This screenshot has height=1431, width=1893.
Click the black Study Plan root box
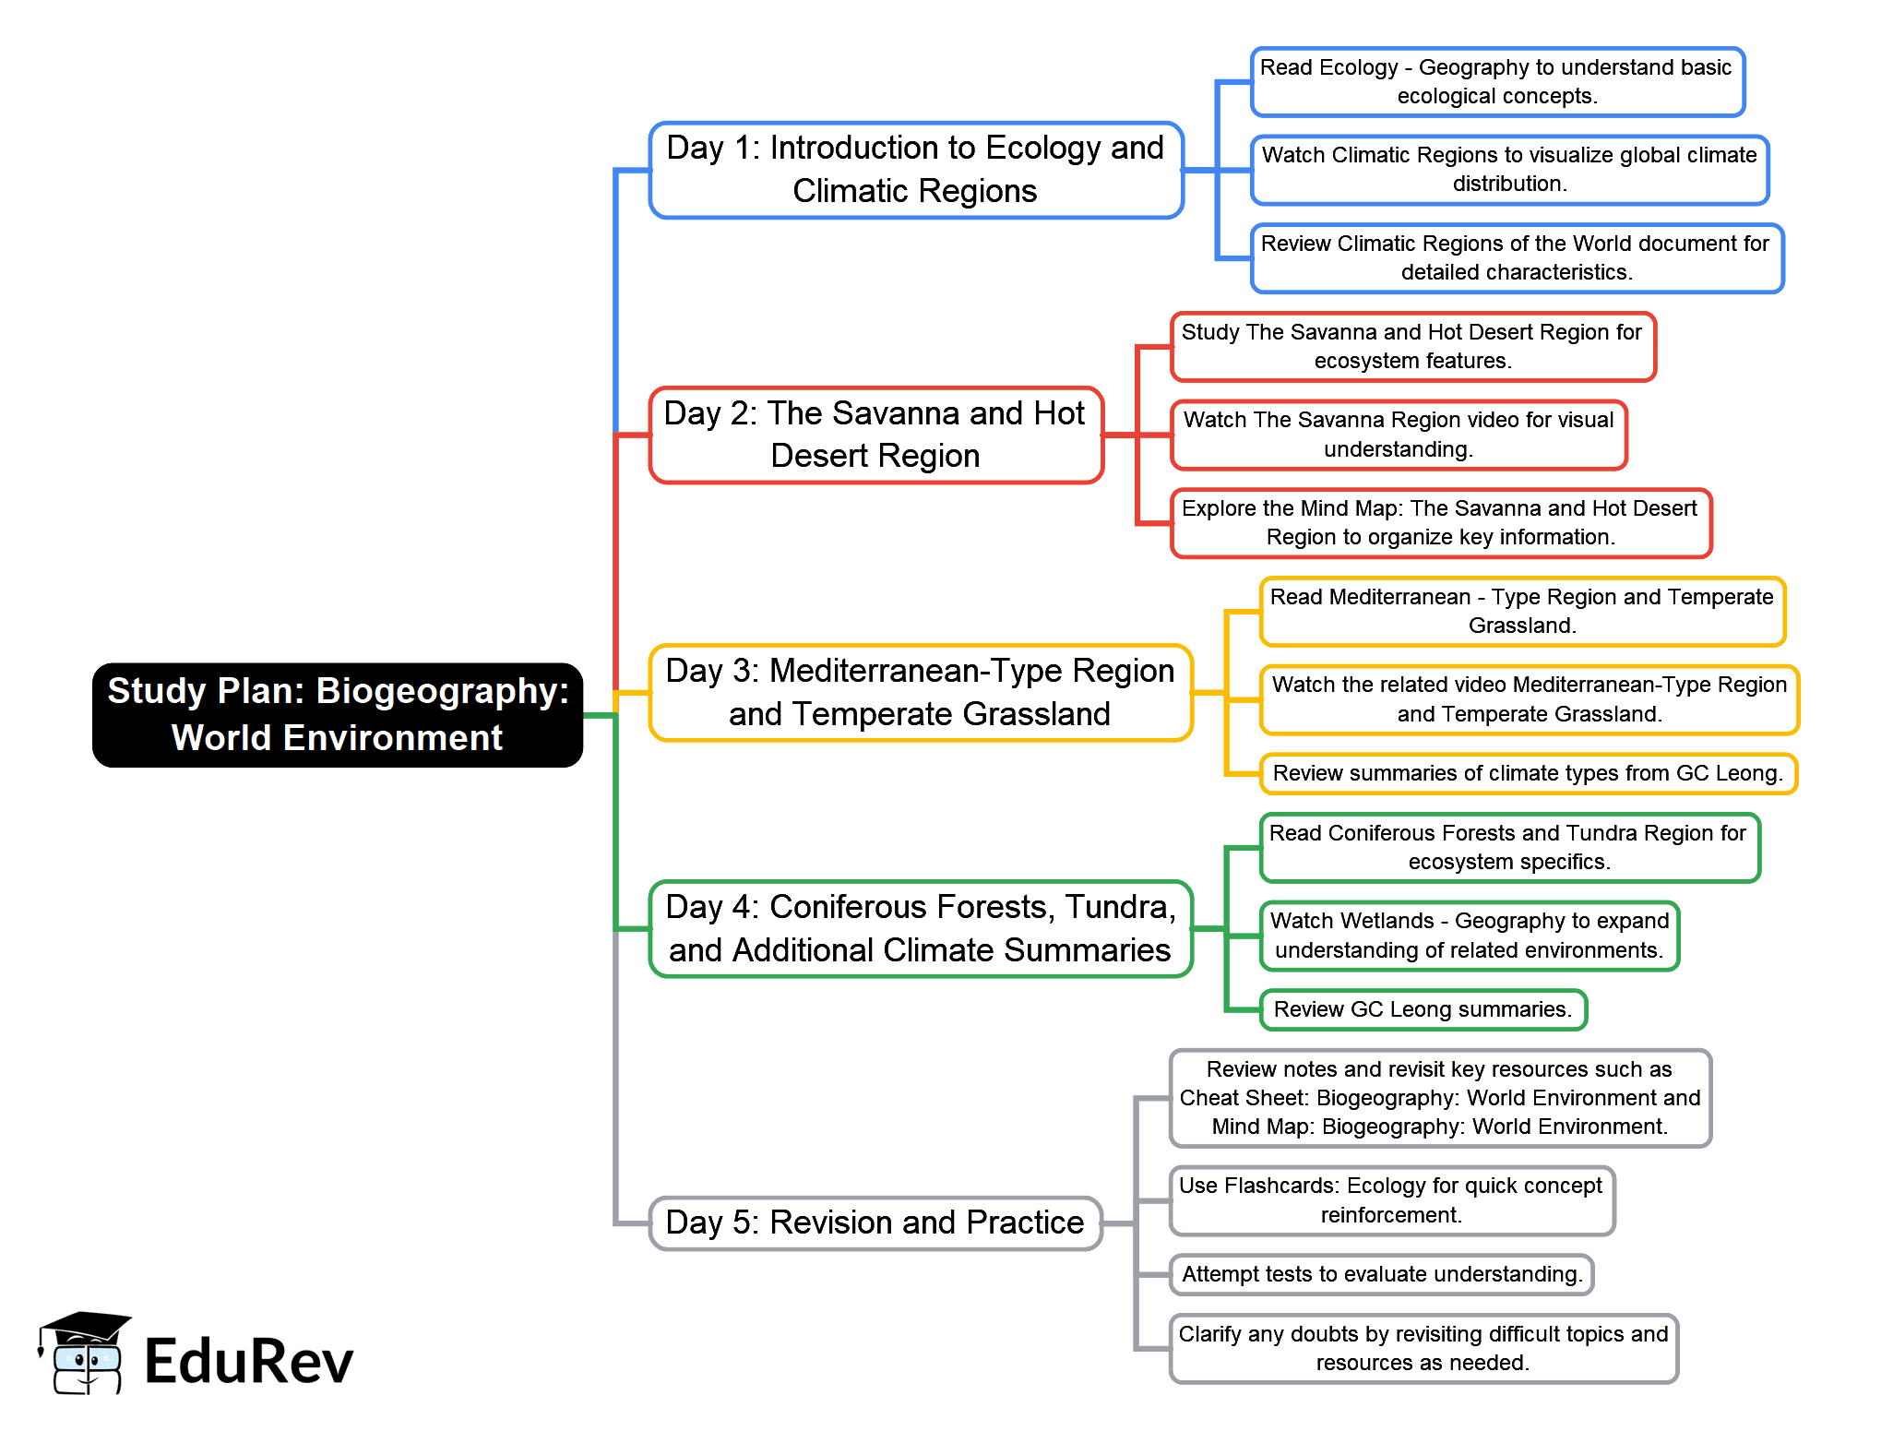[338, 714]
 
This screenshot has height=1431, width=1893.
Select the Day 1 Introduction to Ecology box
[916, 170]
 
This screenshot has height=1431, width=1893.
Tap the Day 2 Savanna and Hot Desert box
[876, 435]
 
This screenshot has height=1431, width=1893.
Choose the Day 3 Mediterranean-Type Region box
[921, 692]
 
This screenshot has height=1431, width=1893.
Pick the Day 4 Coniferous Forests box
[921, 928]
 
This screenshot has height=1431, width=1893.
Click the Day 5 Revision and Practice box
[875, 1222]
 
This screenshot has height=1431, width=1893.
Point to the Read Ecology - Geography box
[1497, 81]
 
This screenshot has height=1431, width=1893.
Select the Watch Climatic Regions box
[1509, 170]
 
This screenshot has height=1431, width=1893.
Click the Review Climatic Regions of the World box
[1517, 257]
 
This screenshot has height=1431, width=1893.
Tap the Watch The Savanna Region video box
[1399, 435]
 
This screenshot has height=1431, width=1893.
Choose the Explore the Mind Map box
[1440, 523]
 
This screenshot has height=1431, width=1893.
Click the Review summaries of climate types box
[1529, 773]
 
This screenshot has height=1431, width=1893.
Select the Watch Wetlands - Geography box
[1470, 936]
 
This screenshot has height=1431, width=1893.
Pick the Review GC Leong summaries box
[1423, 1009]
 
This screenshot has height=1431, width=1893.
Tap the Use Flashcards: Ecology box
[1391, 1200]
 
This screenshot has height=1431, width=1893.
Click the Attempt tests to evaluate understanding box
[1381, 1274]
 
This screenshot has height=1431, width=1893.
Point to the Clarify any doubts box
[1423, 1348]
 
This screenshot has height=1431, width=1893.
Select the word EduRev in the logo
[249, 1361]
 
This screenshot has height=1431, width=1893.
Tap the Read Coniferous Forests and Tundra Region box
[1509, 847]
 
